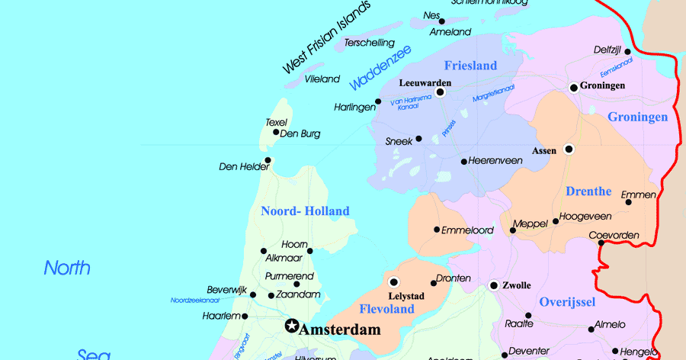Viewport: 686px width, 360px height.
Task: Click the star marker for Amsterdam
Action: point(291,326)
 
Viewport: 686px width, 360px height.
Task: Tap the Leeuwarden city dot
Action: point(440,92)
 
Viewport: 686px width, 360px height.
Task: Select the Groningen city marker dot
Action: point(574,88)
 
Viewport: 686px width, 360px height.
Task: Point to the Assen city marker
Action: point(569,149)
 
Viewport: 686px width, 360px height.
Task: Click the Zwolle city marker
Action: point(494,286)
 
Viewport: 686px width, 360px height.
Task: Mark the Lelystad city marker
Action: point(394,281)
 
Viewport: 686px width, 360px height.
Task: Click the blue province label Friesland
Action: point(470,66)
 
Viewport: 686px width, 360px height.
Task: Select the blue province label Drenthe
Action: point(588,191)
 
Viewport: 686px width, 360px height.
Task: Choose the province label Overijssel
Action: point(567,302)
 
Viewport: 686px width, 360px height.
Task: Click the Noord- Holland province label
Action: point(305,211)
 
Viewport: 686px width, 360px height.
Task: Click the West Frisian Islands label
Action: point(327,37)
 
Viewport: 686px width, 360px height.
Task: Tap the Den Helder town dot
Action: point(268,160)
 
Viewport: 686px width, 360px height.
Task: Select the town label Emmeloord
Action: point(468,230)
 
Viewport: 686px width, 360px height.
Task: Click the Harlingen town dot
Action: point(378,101)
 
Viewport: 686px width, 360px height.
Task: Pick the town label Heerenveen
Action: point(495,161)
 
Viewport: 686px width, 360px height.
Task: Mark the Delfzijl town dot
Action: point(627,53)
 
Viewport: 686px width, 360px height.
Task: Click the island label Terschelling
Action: point(370,43)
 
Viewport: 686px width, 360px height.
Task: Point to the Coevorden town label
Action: point(614,235)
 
